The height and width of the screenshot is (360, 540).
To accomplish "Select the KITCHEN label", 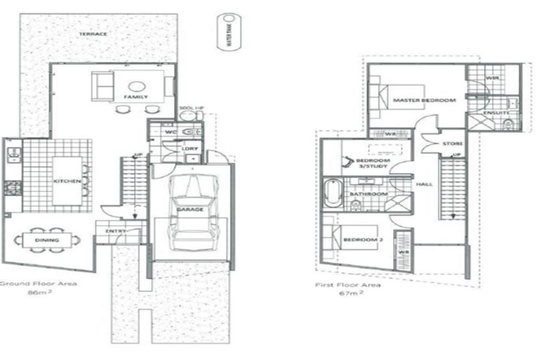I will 67,181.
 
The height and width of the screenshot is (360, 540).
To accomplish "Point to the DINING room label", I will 46,240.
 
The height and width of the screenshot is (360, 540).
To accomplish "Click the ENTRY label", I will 116,231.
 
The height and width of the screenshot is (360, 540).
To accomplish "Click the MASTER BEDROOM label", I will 424,101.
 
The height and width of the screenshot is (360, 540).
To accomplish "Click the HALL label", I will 424,184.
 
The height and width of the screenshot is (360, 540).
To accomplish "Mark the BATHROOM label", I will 370,193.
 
